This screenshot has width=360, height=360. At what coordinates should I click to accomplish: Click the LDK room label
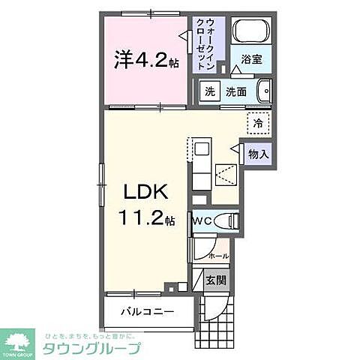tap(147, 193)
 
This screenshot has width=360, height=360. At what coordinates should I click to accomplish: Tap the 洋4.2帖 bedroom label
tap(146, 58)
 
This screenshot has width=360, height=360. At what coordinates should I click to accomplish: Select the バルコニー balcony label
tap(145, 311)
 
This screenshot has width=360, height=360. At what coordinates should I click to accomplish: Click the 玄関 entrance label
tap(216, 281)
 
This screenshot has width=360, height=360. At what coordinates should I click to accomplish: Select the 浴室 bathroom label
tap(252, 59)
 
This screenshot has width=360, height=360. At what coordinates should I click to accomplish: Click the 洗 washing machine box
tap(211, 92)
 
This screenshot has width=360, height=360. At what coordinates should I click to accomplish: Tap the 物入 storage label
tap(257, 154)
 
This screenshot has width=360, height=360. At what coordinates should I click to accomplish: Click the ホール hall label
tap(217, 256)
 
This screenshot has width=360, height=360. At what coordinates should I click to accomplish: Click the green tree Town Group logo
tap(19, 340)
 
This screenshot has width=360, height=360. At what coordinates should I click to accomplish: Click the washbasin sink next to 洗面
tap(263, 92)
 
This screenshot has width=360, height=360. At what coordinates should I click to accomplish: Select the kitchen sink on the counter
tap(201, 149)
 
